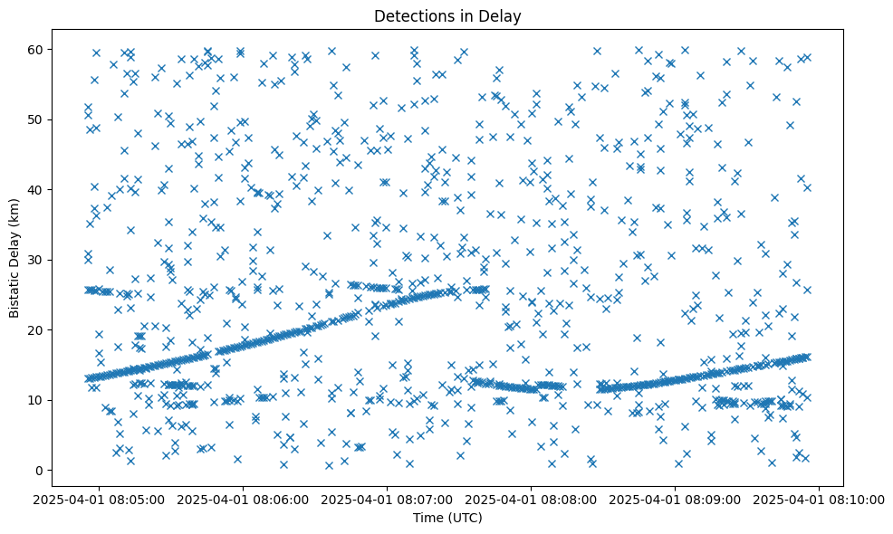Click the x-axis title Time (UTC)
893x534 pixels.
click(446, 518)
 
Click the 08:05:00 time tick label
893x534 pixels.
click(100, 499)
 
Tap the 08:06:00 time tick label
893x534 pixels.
click(244, 499)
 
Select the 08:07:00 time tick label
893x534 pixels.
click(388, 499)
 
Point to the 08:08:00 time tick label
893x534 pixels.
click(532, 499)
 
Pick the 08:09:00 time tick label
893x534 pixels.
click(676, 499)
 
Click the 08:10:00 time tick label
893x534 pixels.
click(820, 499)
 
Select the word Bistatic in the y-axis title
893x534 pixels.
click(15, 291)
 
